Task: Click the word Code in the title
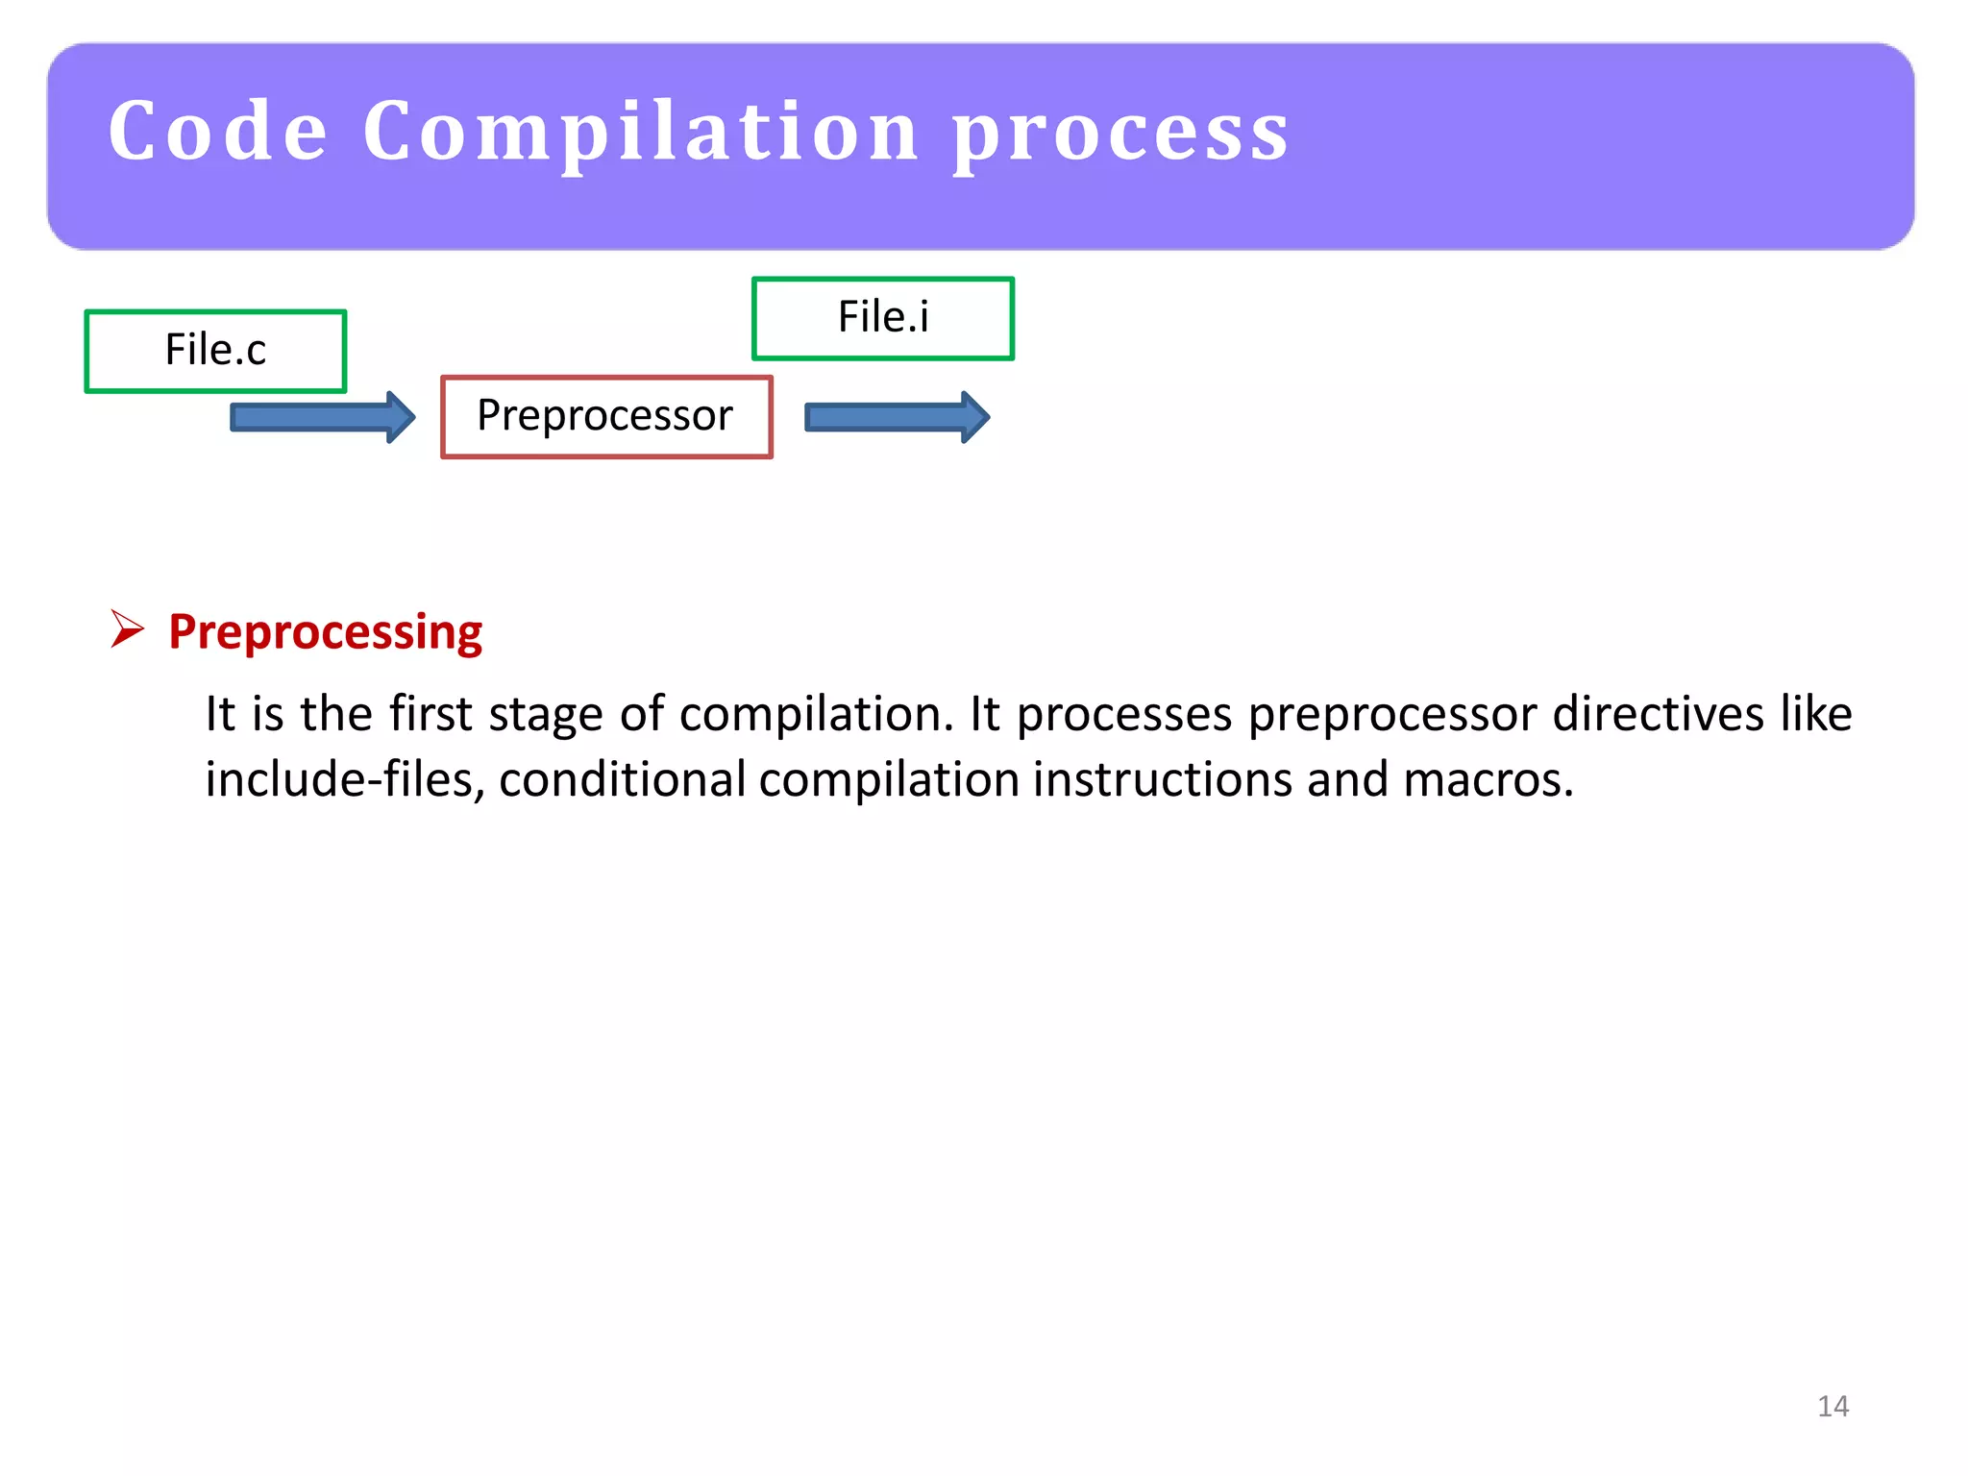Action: click(218, 132)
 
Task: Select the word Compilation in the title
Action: click(641, 132)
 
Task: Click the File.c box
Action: click(215, 351)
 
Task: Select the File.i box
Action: click(882, 318)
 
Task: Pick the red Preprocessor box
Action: click(605, 417)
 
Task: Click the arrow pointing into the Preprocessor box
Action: click(322, 417)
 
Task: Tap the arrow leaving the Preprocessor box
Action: click(896, 417)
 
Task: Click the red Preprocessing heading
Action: click(325, 632)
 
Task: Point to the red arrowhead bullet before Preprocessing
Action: click(127, 629)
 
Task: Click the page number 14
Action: click(1833, 1406)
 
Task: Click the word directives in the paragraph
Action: click(1659, 714)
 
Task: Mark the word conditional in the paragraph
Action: click(622, 779)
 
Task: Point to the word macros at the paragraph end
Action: click(1488, 779)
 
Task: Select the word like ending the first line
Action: click(1816, 714)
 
